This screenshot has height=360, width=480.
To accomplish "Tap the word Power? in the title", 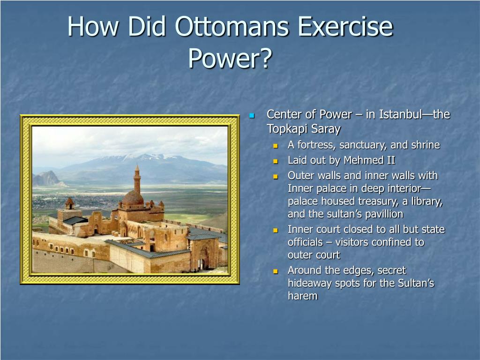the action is tap(230, 58).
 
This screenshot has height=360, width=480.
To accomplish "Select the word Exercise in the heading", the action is tap(345, 26).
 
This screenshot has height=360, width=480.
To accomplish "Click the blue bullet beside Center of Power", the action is tap(252, 115).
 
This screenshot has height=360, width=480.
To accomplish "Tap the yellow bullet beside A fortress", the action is tap(276, 146).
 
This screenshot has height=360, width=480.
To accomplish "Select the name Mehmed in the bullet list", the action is tap(363, 160).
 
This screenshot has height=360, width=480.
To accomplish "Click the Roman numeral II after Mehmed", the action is tap(390, 160).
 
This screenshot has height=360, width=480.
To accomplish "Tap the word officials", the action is tap(305, 242).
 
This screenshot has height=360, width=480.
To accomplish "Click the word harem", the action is tap(302, 296).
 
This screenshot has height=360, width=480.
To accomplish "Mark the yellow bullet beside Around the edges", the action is tap(276, 271).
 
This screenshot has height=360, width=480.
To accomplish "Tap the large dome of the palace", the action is tap(133, 198).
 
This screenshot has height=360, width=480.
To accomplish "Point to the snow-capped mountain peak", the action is tap(147, 157).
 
